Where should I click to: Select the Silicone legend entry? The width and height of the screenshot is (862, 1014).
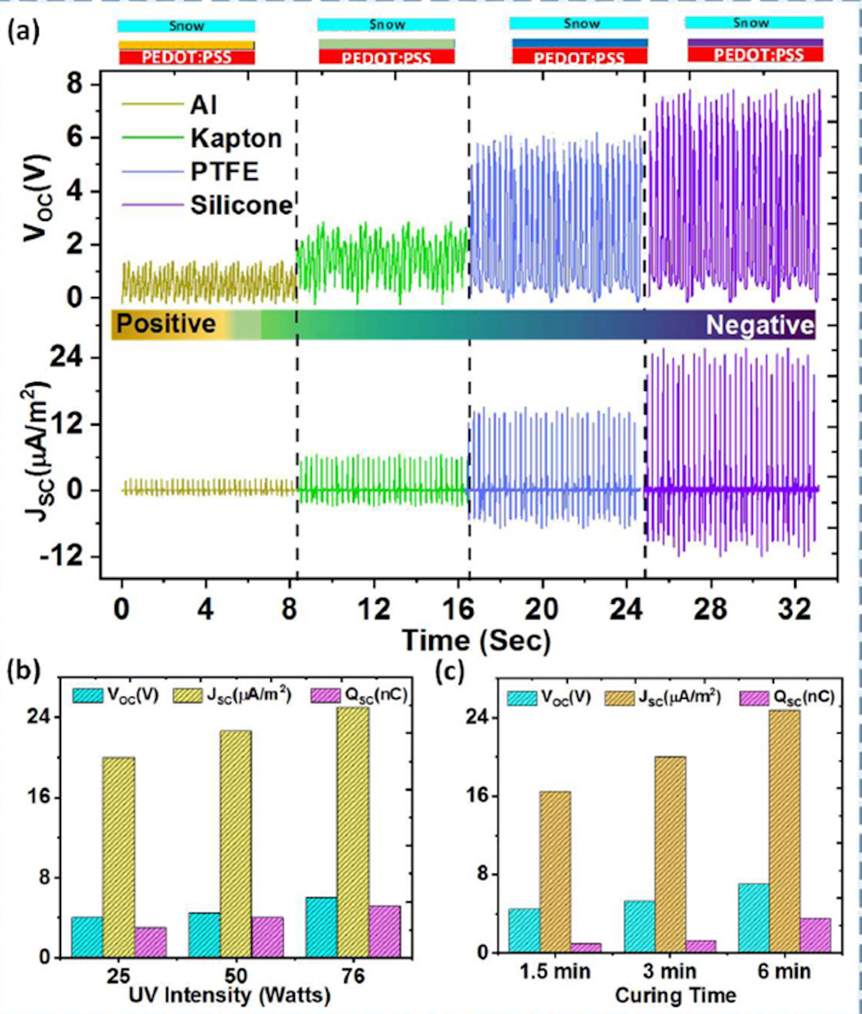[241, 205]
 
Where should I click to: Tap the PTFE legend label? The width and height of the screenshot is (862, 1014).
[224, 172]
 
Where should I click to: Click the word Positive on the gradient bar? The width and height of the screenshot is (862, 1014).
[166, 323]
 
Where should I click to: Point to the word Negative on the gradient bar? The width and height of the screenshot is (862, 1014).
[760, 325]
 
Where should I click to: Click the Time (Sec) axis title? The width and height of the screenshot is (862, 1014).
[476, 640]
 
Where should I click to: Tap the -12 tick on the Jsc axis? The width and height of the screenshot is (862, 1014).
[60, 557]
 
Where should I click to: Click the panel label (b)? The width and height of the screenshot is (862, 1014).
[23, 671]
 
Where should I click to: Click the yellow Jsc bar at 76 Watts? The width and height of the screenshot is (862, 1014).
[353, 832]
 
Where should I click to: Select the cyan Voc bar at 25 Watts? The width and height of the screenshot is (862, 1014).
[87, 937]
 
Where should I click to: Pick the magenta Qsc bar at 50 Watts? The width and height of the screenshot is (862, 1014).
[268, 937]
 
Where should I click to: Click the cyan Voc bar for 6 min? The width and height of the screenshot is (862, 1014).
[754, 918]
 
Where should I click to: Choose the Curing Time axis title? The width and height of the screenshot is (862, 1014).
[675, 995]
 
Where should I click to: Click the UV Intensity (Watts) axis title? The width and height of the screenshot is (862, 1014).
[229, 995]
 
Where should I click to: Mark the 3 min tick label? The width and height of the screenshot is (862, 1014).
[670, 971]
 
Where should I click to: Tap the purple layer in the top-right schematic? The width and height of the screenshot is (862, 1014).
[755, 42]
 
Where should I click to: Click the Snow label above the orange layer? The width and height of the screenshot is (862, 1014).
[186, 26]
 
